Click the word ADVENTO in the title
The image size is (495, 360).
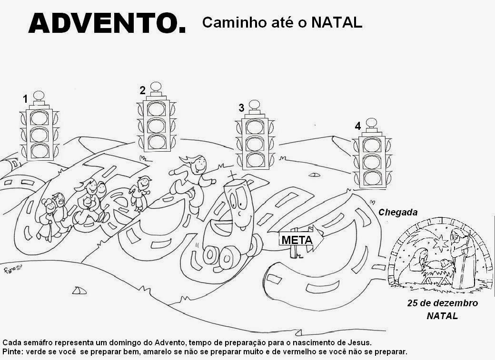pos(103,24)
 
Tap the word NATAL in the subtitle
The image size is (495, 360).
pos(337,22)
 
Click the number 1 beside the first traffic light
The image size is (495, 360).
pos(25,99)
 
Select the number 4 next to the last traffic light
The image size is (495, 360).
pos(357,126)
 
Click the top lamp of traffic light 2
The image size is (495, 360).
pos(157,109)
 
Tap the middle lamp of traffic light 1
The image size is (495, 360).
pos(40,135)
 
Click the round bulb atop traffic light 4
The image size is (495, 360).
pos(372,123)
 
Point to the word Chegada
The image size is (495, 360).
pos(398,213)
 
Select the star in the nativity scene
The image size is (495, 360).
pos(441,243)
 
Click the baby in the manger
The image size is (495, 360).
pos(442,263)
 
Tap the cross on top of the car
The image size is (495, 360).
pos(232,175)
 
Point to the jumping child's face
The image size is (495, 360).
pos(199,165)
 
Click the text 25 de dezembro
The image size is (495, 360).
pos(442,303)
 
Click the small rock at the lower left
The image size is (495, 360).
pos(79,290)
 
